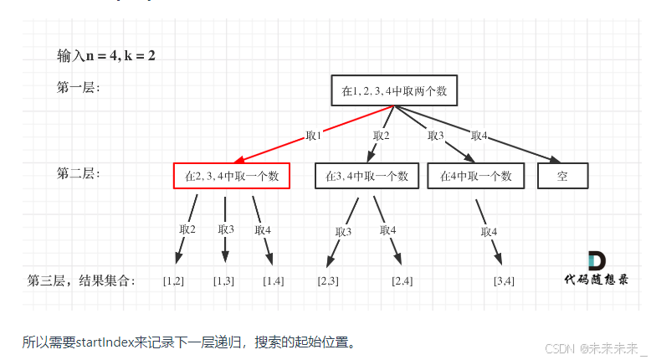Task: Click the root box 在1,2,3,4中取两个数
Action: [x=395, y=91]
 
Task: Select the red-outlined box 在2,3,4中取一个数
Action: [x=232, y=176]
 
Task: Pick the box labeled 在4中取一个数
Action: [x=475, y=176]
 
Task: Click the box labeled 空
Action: [x=562, y=176]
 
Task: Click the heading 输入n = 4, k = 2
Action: [x=106, y=56]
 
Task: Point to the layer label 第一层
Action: [x=78, y=87]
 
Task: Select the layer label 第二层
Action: [x=78, y=173]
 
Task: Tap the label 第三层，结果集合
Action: [x=80, y=280]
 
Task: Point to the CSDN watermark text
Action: [x=590, y=347]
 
